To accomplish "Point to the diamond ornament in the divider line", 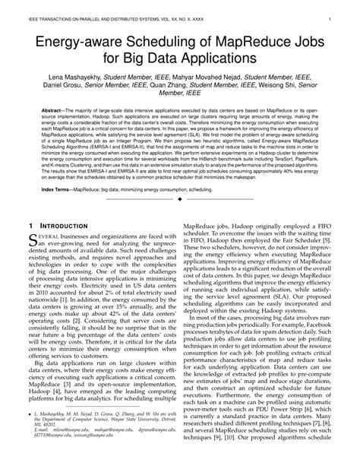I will pyautogui.click(x=179, y=198).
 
